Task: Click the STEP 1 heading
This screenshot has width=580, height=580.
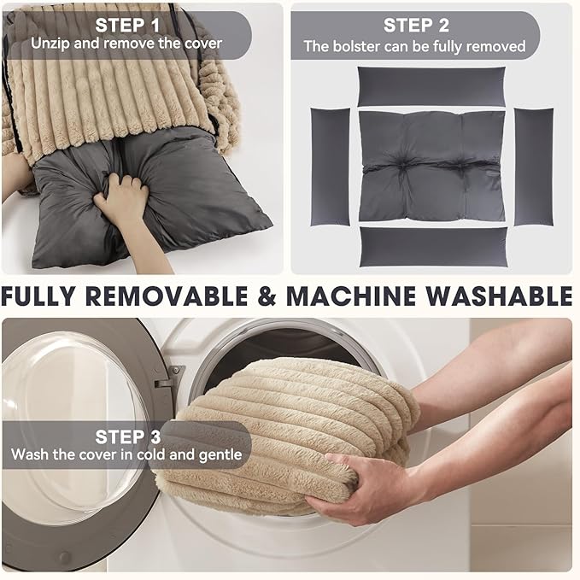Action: click(x=127, y=26)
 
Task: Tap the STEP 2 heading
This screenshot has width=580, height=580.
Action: click(x=416, y=26)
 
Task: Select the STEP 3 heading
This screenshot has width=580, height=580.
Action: click(x=128, y=436)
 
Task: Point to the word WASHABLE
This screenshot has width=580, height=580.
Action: click(x=499, y=296)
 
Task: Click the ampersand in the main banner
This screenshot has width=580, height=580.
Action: click(x=267, y=296)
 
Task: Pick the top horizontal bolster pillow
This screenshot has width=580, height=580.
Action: click(x=431, y=86)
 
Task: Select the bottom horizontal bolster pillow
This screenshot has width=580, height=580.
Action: click(x=433, y=247)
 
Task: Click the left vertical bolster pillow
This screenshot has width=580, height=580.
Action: click(x=330, y=167)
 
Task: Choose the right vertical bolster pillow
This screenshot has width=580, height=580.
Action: click(x=534, y=167)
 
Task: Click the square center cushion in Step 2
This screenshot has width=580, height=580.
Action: click(x=431, y=166)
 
